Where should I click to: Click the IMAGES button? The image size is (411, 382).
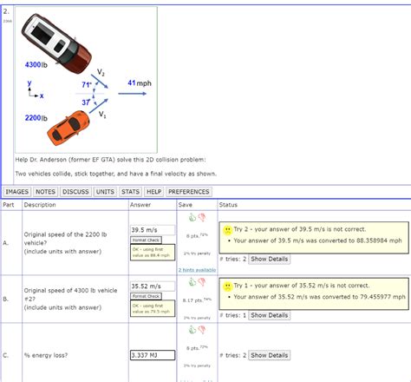click(x=17, y=191)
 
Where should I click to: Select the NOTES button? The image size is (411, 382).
click(x=46, y=191)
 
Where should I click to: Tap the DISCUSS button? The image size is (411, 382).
click(x=76, y=191)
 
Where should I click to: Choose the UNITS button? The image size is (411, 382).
click(x=106, y=191)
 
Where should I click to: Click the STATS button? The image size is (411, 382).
click(x=131, y=191)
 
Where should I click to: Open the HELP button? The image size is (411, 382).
click(x=153, y=191)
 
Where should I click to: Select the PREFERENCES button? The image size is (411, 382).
click(x=188, y=191)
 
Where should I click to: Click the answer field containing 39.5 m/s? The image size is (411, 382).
click(x=149, y=230)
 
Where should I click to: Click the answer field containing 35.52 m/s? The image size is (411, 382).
click(x=149, y=285)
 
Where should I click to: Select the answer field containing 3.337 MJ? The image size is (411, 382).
click(x=149, y=355)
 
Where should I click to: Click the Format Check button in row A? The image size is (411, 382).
click(x=147, y=240)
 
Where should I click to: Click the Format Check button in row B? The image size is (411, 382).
click(x=147, y=294)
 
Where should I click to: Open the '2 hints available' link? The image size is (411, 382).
click(x=197, y=270)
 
